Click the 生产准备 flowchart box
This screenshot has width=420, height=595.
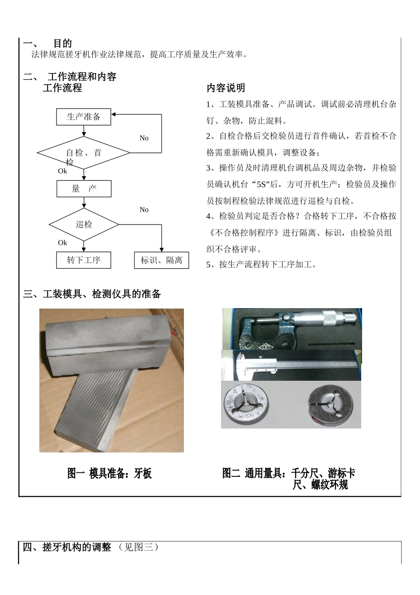pyautogui.click(x=84, y=117)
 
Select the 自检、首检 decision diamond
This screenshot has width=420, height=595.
pyautogui.click(x=84, y=153)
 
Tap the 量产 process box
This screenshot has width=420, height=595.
pyautogui.click(x=84, y=189)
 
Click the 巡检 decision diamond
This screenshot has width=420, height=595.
pyautogui.click(x=84, y=224)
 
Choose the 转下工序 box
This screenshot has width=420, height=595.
pyautogui.click(x=84, y=260)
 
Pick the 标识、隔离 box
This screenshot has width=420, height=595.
pyautogui.click(x=161, y=260)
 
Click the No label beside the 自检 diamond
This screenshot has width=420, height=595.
pyautogui.click(x=144, y=138)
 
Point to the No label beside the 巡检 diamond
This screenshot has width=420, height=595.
pyautogui.click(x=144, y=210)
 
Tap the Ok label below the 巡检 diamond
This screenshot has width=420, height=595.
pyautogui.click(x=63, y=243)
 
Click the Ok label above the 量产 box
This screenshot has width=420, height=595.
pyautogui.click(x=63, y=171)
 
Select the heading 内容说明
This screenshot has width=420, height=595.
pyautogui.click(x=226, y=88)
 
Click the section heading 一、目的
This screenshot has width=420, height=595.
pyautogui.click(x=48, y=43)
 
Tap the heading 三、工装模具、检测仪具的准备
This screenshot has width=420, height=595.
pyautogui.click(x=92, y=294)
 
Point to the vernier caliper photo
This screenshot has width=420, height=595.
pyautogui.click(x=291, y=365)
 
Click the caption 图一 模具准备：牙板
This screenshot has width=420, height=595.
pyautogui.click(x=109, y=474)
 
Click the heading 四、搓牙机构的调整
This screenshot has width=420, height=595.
pyautogui.click(x=67, y=547)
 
